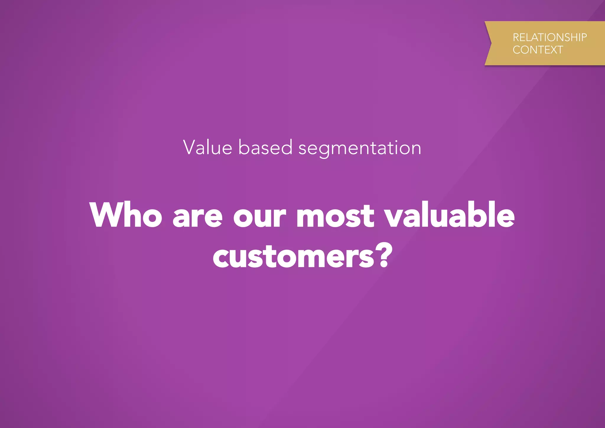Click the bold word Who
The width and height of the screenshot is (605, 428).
point(126,215)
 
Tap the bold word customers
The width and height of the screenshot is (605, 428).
point(294,257)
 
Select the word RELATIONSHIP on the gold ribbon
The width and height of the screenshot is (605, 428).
point(549,37)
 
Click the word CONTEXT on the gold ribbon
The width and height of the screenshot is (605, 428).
point(538,50)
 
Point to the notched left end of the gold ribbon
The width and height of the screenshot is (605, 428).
point(489,43)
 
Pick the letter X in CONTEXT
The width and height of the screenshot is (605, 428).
point(553,50)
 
